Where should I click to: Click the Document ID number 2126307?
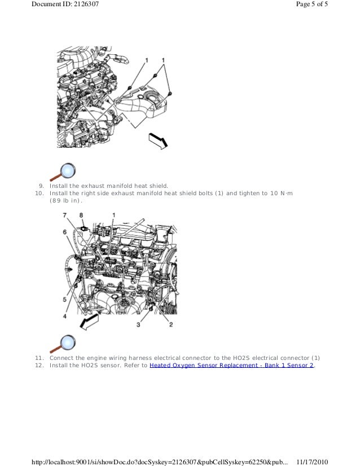pos(85,4)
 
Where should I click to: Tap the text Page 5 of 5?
pos(312,4)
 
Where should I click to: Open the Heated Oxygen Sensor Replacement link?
pos(231,365)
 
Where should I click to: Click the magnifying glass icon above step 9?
pos(63,172)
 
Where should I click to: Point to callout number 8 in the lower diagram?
pos(81,215)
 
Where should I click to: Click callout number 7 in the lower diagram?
pos(65,215)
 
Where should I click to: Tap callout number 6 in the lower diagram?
pos(65,232)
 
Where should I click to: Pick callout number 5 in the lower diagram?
pos(64,299)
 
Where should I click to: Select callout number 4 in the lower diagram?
pos(64,316)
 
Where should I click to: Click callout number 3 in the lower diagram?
pos(138,324)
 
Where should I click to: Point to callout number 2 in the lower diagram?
pos(171,324)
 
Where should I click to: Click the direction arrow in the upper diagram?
pos(158,141)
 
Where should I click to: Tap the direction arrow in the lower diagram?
pos(89,322)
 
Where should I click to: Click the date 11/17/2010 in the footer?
pos(312,462)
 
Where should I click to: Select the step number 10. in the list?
pos(39,193)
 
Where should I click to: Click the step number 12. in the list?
pos(39,365)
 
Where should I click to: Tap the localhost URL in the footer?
pos(160,462)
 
